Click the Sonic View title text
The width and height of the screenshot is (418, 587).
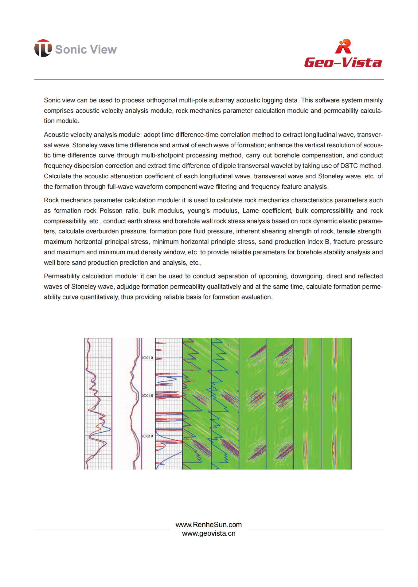pos(86,50)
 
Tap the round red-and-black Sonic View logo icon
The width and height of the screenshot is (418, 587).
pos(43,48)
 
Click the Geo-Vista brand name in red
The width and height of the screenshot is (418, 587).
pos(343,62)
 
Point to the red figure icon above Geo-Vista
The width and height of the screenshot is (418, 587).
pos(343,46)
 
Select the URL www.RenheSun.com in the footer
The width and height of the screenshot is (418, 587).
pos(209,525)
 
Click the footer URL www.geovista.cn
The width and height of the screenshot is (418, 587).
pos(209,533)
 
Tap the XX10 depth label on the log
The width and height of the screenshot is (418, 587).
pos(147,358)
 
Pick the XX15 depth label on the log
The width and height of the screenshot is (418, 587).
pos(147,395)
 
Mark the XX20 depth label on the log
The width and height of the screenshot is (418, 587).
pos(147,436)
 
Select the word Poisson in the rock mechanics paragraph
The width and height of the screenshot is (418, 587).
pos(111,211)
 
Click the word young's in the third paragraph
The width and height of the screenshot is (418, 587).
pos(199,211)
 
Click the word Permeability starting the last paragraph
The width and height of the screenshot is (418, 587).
pos(61,276)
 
